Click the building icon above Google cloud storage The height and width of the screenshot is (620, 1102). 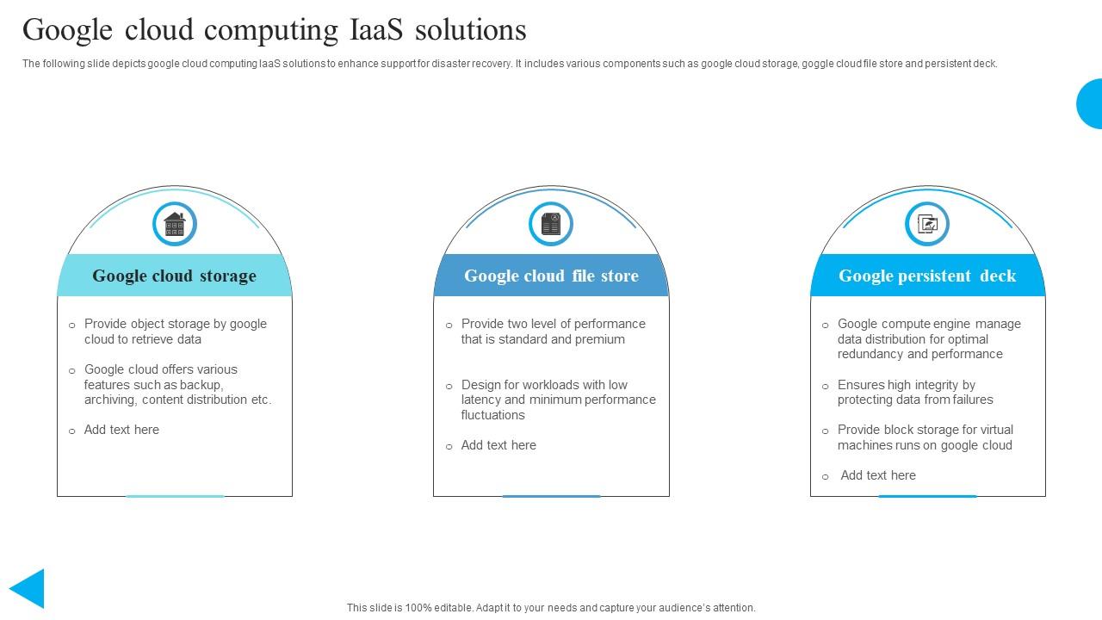point(175,225)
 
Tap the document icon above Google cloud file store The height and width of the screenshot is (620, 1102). point(551,225)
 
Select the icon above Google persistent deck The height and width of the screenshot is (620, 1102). point(927,225)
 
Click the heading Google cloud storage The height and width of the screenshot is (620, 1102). point(175,276)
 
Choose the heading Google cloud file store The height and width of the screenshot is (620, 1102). point(551,276)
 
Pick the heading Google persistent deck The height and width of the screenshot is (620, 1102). point(927,276)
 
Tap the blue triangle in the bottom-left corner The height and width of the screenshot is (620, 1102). point(28,589)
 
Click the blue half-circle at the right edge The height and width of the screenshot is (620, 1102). point(1091,103)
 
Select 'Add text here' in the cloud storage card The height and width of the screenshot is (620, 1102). point(121,430)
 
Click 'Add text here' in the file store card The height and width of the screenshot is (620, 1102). point(498,445)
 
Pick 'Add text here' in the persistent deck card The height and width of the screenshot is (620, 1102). point(878,475)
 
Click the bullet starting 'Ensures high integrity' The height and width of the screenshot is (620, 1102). point(907,385)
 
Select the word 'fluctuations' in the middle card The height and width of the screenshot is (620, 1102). point(493,415)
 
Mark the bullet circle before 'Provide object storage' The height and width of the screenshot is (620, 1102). point(72,325)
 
